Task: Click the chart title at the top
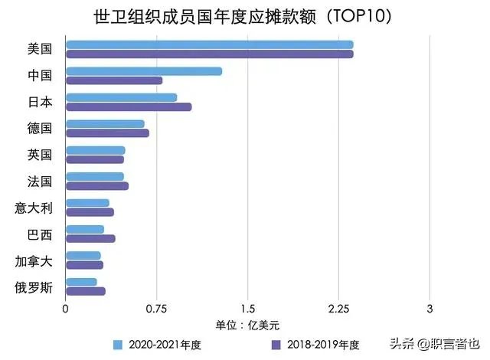[x=246, y=16]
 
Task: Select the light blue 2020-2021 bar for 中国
[x=144, y=71]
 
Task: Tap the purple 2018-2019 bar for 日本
[x=129, y=107]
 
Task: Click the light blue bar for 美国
[x=209, y=44]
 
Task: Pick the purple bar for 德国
[x=107, y=133]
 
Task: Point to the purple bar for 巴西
[x=90, y=238]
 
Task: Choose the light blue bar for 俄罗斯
[x=81, y=282]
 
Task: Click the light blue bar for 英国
[x=95, y=150]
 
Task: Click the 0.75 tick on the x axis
[x=156, y=309]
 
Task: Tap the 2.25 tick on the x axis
[x=338, y=309]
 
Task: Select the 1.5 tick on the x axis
[x=247, y=309]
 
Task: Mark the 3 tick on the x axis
[x=430, y=309]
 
